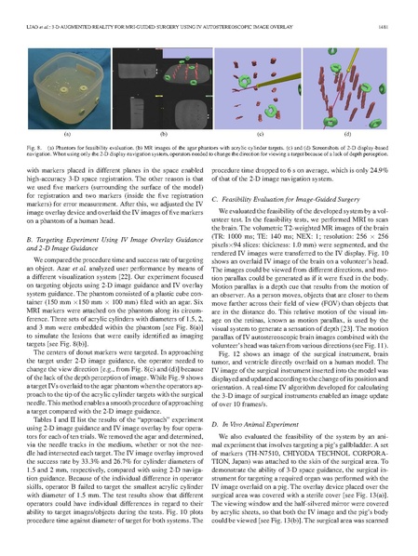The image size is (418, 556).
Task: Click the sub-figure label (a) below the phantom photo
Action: [x=66, y=135]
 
